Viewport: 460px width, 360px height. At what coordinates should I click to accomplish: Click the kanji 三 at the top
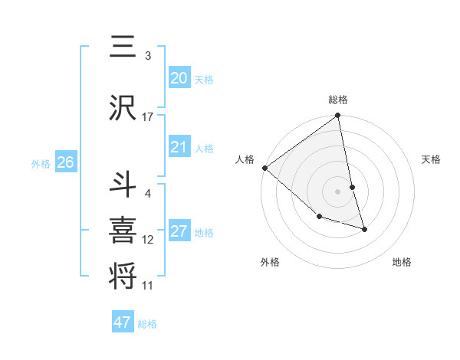click(123, 46)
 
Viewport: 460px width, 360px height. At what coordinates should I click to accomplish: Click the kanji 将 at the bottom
click(123, 276)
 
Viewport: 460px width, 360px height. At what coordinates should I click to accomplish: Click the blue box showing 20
click(179, 77)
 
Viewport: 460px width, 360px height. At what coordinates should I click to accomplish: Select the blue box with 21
click(179, 147)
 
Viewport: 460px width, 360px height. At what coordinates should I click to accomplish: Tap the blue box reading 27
click(179, 231)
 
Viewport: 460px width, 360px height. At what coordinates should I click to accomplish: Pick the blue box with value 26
click(65, 162)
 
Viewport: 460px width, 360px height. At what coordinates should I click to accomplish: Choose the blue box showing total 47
click(123, 322)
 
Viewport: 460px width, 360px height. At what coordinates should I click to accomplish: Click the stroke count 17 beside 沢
click(148, 117)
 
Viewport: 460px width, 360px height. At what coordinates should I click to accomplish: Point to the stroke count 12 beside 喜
click(148, 240)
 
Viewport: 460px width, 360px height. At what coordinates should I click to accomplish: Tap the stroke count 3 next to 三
click(148, 56)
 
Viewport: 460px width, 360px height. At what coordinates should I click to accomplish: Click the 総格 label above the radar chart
click(338, 100)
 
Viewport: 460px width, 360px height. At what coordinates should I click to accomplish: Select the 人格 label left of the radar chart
click(245, 159)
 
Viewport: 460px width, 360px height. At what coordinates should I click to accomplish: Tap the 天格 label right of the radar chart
click(432, 159)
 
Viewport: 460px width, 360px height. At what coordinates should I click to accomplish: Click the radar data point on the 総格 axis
click(338, 116)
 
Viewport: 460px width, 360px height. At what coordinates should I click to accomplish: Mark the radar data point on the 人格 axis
click(264, 168)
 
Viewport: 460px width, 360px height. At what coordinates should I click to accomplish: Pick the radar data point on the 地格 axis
click(364, 229)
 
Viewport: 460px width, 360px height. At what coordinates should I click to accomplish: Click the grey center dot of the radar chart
click(338, 191)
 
